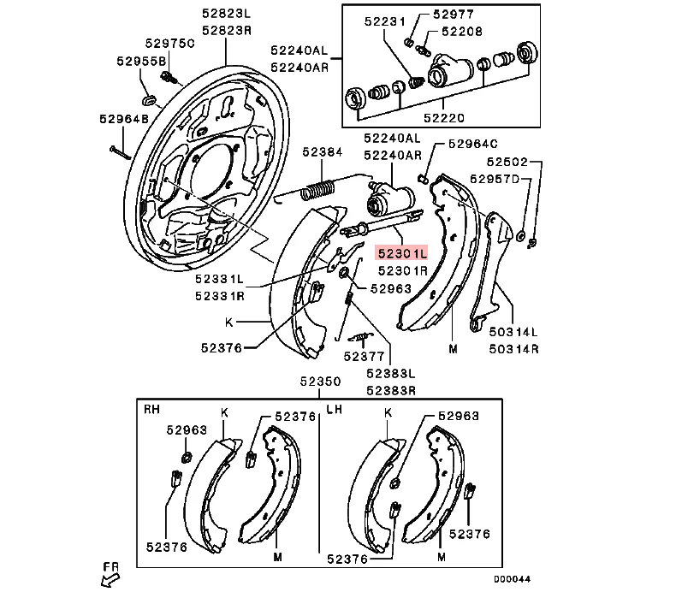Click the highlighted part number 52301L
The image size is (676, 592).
[x=400, y=254]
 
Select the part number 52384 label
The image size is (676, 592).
[x=322, y=152]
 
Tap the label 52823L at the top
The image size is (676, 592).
[x=226, y=14]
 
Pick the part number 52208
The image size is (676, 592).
[x=462, y=31]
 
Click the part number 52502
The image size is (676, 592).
[x=508, y=161]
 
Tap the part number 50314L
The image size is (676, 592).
[x=512, y=331]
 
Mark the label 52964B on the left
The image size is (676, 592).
[x=123, y=120]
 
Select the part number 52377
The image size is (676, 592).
[x=364, y=355]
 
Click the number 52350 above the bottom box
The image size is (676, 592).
[x=320, y=381]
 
